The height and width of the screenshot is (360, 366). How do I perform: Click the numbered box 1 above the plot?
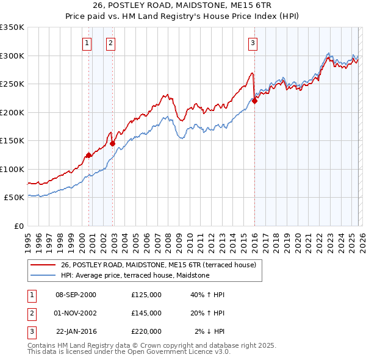tap(87, 43)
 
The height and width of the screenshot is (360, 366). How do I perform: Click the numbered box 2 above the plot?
tap(110, 43)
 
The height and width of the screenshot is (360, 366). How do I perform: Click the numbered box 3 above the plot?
tap(253, 43)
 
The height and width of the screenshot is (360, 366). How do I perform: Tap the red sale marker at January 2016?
tap(254, 101)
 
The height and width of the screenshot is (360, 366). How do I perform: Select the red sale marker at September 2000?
tap(88, 155)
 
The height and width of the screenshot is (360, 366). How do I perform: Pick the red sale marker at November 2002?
tap(112, 144)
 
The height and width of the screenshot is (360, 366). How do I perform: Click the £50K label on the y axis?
tap(14, 198)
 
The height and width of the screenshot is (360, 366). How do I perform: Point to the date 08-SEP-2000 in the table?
tap(76, 295)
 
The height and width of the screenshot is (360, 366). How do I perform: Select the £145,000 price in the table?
tap(146, 313)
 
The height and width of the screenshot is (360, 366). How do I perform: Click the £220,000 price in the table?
tap(146, 331)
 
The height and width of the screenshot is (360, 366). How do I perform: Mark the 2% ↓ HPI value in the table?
tap(209, 331)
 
